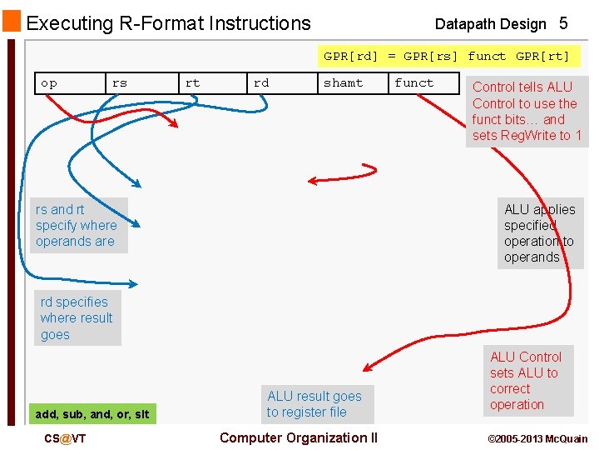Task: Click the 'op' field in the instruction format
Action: pos(49,83)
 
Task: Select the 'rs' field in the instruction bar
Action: pos(120,83)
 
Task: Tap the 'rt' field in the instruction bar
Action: pos(192,83)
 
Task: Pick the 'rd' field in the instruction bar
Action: pos(261,83)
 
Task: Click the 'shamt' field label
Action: pos(343,83)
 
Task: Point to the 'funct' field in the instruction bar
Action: pos(414,83)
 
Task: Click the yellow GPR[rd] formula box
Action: pos(447,57)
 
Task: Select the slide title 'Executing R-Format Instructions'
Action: pos(169,23)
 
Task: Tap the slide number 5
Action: pos(563,23)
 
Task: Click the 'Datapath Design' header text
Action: pos(490,24)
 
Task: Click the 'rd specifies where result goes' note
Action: pos(77,318)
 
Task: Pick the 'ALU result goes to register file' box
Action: pos(315,404)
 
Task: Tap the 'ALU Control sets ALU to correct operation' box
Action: pos(527,381)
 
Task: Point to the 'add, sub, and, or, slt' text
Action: pos(92,414)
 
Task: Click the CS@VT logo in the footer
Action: pos(64,438)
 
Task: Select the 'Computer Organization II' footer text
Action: pos(298,437)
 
